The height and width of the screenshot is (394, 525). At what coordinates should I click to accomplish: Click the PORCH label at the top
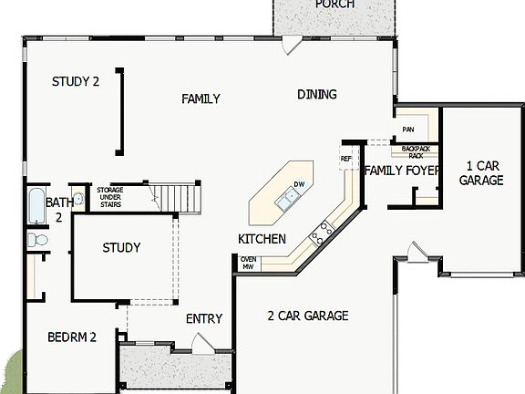click(335, 5)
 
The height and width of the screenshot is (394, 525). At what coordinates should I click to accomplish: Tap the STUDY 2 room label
click(75, 81)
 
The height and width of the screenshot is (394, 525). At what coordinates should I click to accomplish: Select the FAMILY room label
click(201, 98)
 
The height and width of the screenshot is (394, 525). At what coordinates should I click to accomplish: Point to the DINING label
click(316, 94)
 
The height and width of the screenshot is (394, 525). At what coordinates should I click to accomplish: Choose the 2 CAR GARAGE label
click(307, 316)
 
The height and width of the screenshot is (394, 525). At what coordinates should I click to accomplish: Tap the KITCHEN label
click(262, 239)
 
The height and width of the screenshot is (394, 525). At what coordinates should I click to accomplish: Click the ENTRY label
click(203, 318)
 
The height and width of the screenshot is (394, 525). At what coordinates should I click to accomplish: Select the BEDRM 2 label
click(72, 337)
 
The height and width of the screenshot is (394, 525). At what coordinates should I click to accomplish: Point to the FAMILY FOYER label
click(402, 171)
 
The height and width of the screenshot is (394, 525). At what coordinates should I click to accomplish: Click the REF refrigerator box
click(346, 159)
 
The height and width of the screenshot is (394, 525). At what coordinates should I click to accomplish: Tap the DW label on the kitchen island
click(298, 185)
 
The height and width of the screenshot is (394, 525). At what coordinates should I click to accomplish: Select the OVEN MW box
click(248, 264)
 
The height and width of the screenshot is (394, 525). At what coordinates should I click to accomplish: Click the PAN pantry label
click(407, 130)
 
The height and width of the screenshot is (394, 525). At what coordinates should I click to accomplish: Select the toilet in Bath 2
click(37, 240)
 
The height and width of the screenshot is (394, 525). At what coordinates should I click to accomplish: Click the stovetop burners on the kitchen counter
click(321, 234)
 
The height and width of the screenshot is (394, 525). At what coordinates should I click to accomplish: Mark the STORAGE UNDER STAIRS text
click(110, 197)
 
